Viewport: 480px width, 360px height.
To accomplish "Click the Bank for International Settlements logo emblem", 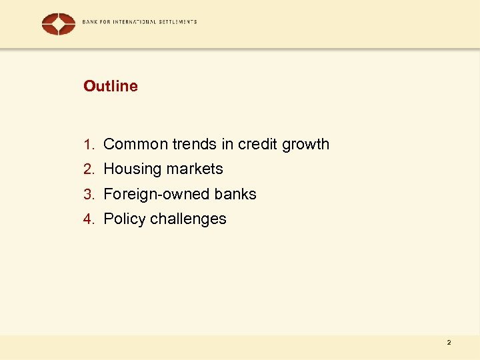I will [x=59, y=23].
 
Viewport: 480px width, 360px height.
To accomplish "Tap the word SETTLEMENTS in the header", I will [x=177, y=22].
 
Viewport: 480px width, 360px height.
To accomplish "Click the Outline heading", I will [x=111, y=86].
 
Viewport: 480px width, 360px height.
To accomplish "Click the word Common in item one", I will [x=135, y=144].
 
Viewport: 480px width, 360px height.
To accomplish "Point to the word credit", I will [x=258, y=144].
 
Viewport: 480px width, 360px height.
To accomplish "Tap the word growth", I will [x=306, y=145].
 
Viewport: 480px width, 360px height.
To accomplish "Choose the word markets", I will [x=193, y=169].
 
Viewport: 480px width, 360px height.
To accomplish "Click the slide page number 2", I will [x=449, y=343].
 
